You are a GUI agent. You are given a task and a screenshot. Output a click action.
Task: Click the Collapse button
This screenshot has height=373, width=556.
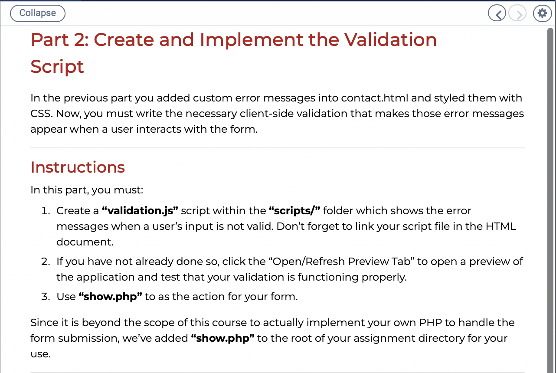tap(38, 13)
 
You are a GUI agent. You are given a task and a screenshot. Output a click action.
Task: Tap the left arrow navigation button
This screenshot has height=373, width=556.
tap(497, 13)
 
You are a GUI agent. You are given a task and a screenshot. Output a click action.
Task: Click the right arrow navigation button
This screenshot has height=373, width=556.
tap(517, 13)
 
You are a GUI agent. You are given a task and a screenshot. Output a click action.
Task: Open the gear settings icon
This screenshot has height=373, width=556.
tap(543, 13)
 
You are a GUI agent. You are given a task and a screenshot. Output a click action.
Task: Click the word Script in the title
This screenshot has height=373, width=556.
tap(57, 67)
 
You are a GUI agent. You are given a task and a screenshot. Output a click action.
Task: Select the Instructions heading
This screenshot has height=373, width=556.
tap(78, 167)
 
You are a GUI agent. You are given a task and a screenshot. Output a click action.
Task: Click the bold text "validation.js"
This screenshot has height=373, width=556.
tap(140, 211)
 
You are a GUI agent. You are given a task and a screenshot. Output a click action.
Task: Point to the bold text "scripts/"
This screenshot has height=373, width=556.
tap(294, 211)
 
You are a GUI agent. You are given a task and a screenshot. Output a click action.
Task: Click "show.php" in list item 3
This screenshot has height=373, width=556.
tap(111, 297)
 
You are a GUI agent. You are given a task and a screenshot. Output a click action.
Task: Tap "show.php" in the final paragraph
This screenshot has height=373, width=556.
tap(223, 338)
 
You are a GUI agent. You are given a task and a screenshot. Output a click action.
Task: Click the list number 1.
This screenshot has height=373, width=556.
tap(46, 211)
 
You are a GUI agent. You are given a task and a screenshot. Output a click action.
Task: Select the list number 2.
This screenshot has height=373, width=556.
tap(46, 262)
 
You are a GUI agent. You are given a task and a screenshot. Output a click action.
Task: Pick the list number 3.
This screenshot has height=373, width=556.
tap(46, 297)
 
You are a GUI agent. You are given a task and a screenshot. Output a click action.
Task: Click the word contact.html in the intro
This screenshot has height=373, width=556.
tap(375, 98)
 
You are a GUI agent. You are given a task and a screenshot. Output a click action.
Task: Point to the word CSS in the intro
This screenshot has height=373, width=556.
tap(41, 114)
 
